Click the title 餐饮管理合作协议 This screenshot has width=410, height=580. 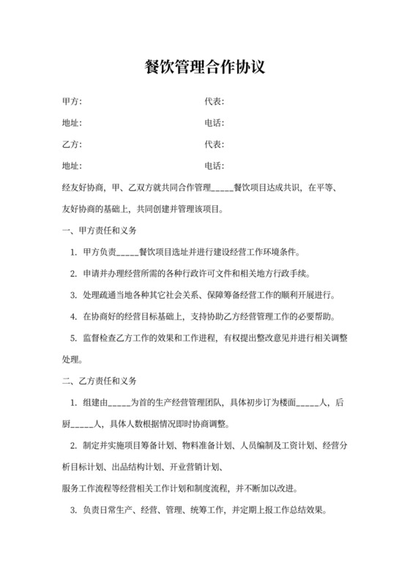coord(204,68)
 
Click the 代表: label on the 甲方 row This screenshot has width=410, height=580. coord(215,101)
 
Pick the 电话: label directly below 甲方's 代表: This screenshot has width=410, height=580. coord(215,122)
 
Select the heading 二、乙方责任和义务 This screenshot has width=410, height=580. coord(100,382)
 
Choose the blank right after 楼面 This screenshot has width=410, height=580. coord(307,403)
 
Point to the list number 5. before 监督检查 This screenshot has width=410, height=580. coord(73,338)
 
